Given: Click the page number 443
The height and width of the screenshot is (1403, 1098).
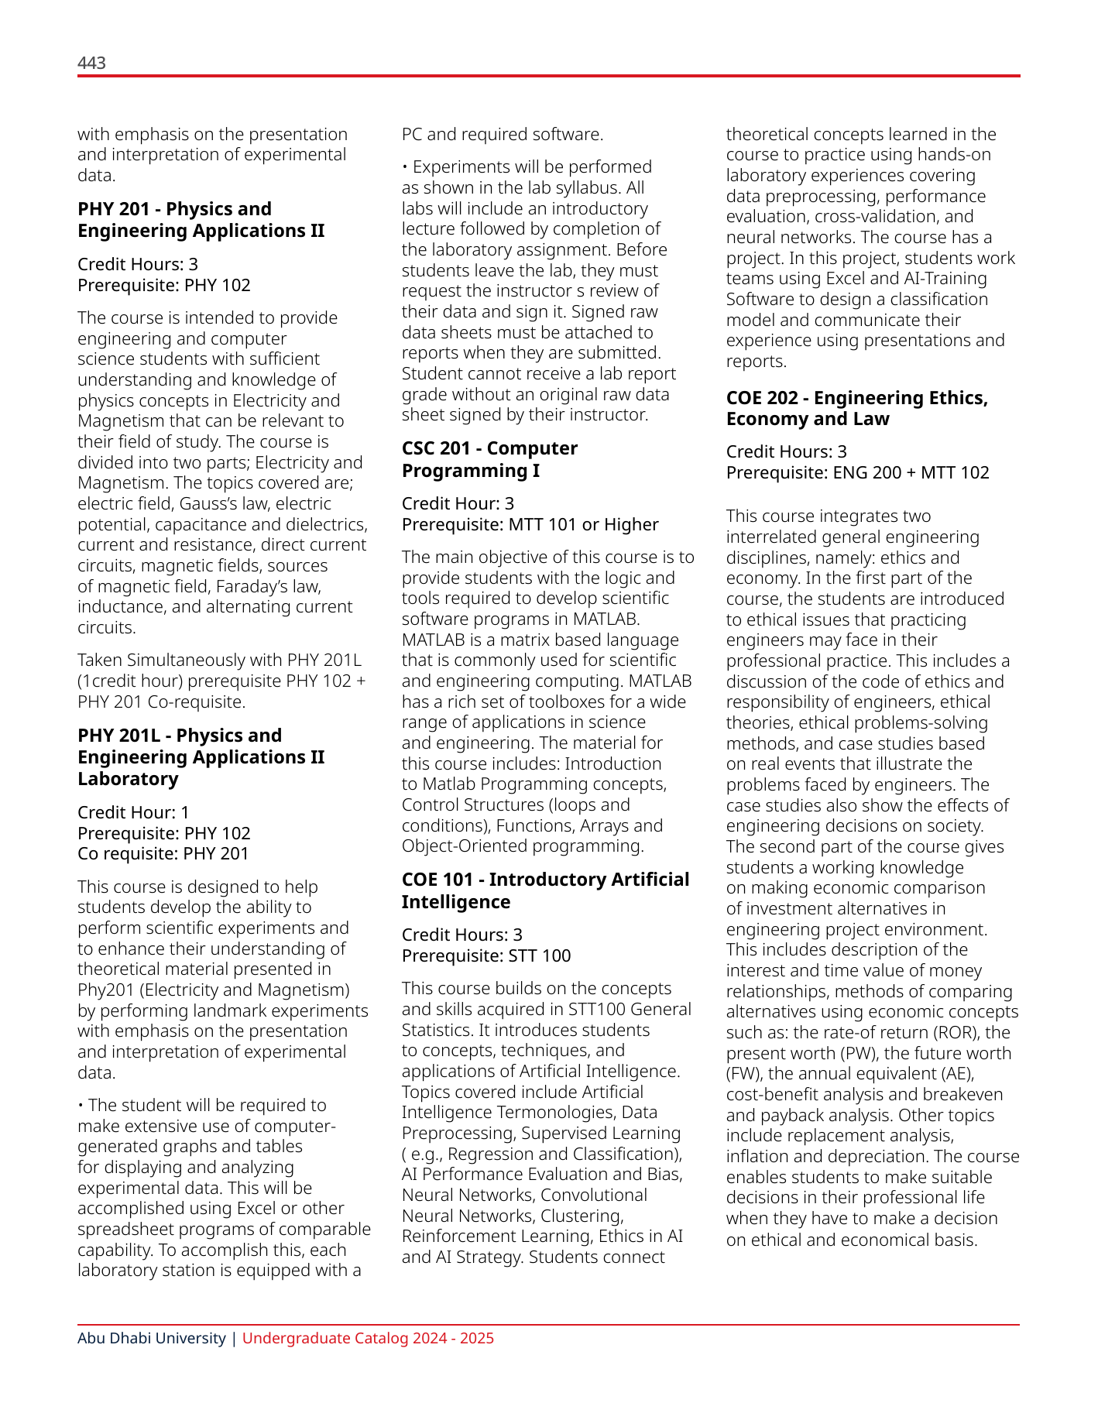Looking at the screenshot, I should click(x=91, y=63).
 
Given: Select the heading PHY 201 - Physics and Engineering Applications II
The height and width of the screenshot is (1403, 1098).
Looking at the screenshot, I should click(x=201, y=220).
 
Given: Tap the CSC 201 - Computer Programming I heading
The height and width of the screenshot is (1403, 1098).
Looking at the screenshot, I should click(x=489, y=459).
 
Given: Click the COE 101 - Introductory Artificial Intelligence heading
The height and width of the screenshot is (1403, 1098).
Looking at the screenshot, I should click(x=545, y=890).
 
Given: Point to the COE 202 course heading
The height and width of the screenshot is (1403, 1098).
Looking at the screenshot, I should click(x=856, y=408).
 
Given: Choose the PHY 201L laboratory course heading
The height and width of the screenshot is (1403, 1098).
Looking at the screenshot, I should click(x=201, y=756).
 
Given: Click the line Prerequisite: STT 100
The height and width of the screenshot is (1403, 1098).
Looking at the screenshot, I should click(x=486, y=955).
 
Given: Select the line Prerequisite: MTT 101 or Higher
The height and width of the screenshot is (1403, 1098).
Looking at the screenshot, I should click(x=530, y=524).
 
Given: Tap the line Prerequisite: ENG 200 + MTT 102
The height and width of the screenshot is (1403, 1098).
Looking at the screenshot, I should click(x=857, y=472).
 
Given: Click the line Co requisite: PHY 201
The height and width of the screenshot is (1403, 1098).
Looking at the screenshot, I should click(x=163, y=853).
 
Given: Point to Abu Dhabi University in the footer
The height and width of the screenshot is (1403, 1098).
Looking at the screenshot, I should click(x=151, y=1338).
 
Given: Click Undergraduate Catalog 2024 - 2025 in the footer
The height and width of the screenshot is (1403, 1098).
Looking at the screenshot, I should click(x=368, y=1338).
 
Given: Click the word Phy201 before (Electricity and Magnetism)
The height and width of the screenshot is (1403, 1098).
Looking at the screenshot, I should click(x=105, y=990).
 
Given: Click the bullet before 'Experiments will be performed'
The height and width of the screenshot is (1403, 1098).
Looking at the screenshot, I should click(x=405, y=167).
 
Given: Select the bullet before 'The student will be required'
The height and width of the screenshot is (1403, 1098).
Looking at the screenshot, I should click(x=81, y=1106).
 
